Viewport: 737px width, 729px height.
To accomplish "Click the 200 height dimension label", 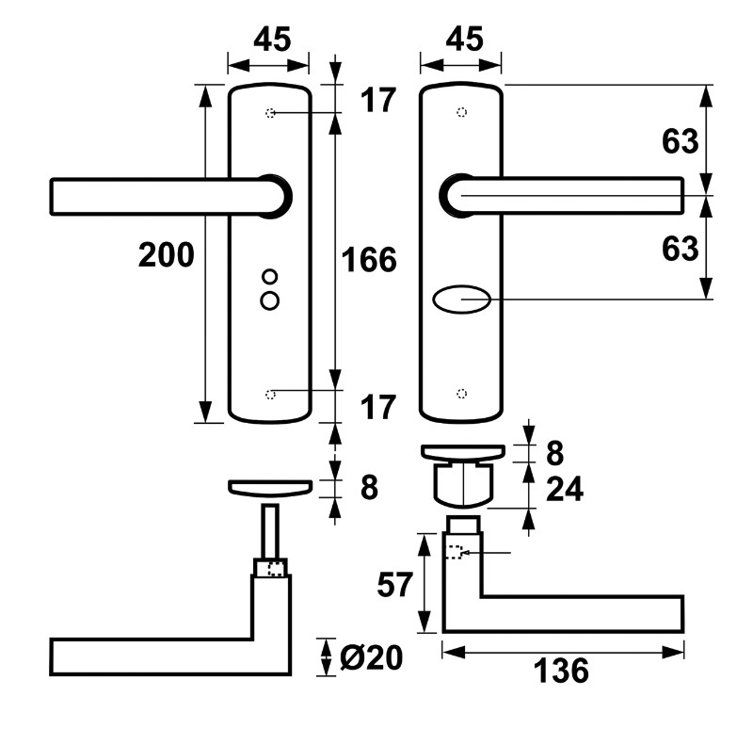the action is click(166, 255).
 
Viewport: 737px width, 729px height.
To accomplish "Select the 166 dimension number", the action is click(369, 260).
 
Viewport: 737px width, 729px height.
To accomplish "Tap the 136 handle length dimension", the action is click(561, 671).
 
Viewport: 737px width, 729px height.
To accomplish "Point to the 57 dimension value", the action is click(394, 585).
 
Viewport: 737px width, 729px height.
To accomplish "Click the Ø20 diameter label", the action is click(371, 657).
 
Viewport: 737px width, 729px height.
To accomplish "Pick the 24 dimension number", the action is click(565, 489).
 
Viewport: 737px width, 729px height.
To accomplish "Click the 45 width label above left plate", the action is click(272, 39).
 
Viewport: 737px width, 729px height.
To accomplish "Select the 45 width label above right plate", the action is click(464, 39).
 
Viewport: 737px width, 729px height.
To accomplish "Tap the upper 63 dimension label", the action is click(681, 141).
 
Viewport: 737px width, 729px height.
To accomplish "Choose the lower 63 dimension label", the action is click(681, 249).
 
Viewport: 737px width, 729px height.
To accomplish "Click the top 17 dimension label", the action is click(377, 100).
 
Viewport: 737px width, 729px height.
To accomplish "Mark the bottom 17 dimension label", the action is click(377, 407).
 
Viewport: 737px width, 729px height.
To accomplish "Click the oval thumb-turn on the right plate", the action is click(461, 300).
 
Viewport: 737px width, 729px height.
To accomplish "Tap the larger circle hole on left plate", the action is click(270, 300).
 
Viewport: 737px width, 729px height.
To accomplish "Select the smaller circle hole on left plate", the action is click(270, 277).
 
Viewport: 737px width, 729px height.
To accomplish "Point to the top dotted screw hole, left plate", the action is click(270, 113).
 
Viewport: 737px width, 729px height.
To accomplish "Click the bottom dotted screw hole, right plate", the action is click(461, 394).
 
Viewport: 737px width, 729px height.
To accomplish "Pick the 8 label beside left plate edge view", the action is click(369, 488).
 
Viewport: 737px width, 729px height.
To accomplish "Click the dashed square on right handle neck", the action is click(454, 552).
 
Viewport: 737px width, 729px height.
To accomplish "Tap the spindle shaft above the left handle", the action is click(270, 531).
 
